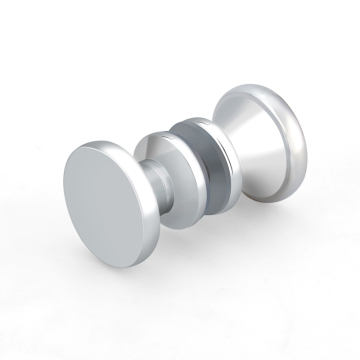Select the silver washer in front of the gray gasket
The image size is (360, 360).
[166, 201]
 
